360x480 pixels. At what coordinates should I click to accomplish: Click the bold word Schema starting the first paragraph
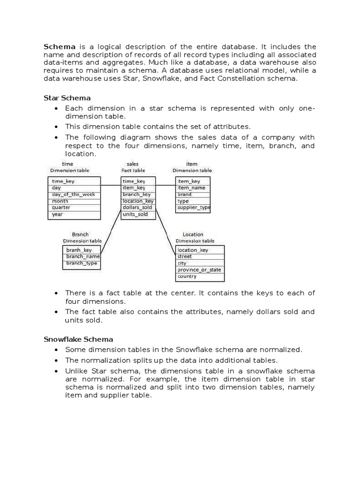[x=60, y=47]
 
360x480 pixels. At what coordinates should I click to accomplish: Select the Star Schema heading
[x=67, y=98]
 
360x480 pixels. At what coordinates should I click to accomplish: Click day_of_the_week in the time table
[x=74, y=194]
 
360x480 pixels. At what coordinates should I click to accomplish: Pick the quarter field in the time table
[x=61, y=207]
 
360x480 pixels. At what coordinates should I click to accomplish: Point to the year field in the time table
[x=58, y=214]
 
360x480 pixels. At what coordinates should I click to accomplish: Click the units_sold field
[x=135, y=214]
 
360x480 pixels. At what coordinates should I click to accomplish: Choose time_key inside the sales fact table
[x=134, y=181]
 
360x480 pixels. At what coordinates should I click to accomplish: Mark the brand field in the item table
[x=184, y=194]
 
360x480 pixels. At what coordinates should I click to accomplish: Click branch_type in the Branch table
[x=82, y=263]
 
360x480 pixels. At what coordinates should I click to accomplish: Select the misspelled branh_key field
[x=79, y=250]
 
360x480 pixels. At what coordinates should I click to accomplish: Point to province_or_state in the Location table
[x=199, y=270]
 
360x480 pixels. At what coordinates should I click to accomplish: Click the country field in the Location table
[x=187, y=277]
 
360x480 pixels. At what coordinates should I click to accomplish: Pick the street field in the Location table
[x=185, y=256]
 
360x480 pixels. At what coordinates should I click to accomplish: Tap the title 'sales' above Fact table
[x=133, y=164]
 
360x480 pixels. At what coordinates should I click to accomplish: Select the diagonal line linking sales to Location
[x=165, y=230]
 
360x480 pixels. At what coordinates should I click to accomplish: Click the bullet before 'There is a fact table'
[x=56, y=293]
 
